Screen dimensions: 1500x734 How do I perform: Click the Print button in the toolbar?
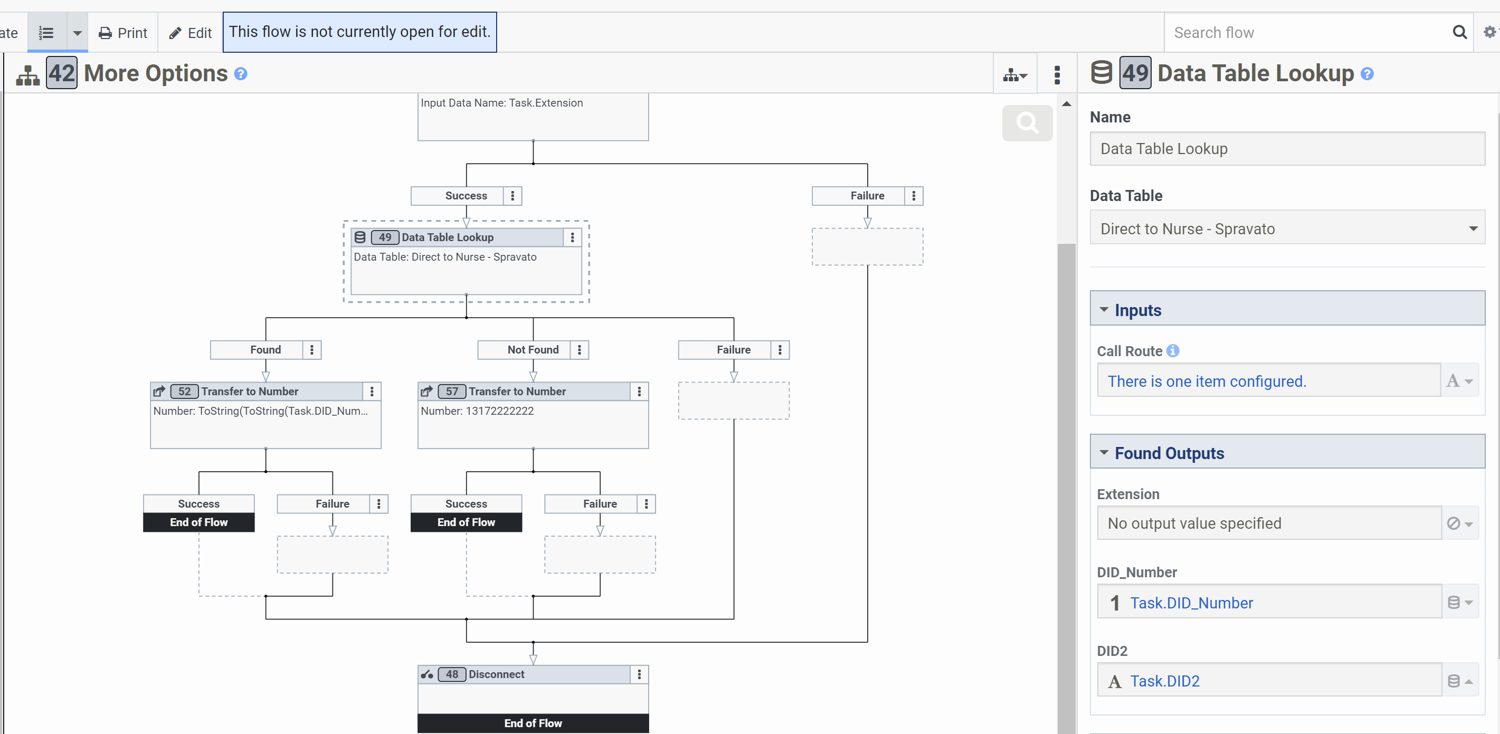point(123,33)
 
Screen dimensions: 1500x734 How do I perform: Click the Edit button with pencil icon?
point(190,33)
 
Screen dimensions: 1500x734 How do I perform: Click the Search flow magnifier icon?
point(1459,32)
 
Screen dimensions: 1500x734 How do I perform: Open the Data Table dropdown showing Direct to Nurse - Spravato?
point(1287,229)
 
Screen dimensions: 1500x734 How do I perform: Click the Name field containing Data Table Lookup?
point(1287,148)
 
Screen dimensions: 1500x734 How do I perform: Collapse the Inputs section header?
point(1287,310)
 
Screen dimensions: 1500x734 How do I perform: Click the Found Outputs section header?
point(1287,452)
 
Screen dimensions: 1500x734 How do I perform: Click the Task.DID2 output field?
point(1269,681)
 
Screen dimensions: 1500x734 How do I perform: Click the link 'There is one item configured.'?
point(1207,382)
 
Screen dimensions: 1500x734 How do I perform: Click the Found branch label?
point(265,349)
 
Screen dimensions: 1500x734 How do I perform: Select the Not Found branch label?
point(533,349)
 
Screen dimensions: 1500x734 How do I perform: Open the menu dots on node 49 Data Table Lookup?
point(573,237)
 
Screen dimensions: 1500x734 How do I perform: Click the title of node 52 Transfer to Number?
point(250,391)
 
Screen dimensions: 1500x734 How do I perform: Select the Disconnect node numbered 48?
point(533,674)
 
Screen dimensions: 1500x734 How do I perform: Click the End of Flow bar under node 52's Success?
point(198,522)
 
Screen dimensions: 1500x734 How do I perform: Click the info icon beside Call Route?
point(1173,350)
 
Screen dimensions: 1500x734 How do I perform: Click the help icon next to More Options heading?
point(241,74)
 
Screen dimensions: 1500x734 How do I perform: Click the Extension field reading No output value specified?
point(1269,523)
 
